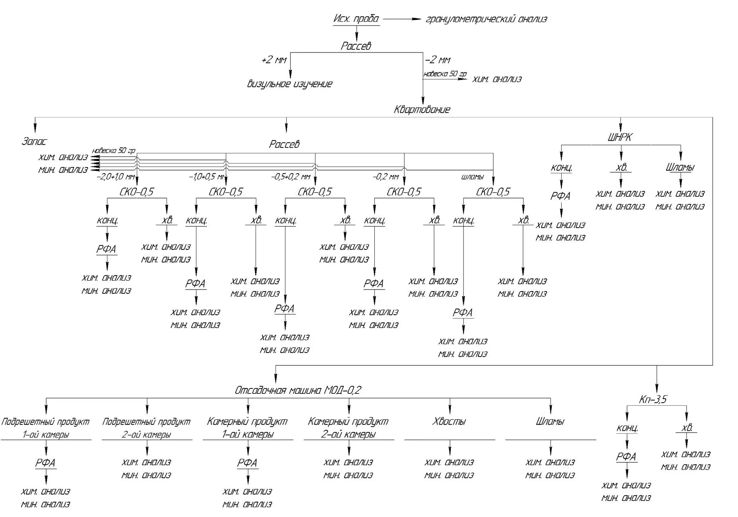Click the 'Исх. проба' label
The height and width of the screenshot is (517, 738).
click(x=356, y=19)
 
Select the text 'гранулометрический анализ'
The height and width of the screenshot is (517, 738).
click(x=486, y=19)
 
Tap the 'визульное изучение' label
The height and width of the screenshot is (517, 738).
click(x=290, y=84)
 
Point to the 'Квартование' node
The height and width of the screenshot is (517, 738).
click(x=422, y=110)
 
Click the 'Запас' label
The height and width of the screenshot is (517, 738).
click(x=34, y=141)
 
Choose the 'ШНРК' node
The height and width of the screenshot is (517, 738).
click(x=620, y=137)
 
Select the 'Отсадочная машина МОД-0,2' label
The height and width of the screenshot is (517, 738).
click(x=298, y=390)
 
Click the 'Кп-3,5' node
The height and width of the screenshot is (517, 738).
click(x=653, y=399)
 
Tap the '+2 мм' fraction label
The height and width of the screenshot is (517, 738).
click(x=274, y=60)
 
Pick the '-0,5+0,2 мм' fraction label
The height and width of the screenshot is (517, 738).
click(x=291, y=177)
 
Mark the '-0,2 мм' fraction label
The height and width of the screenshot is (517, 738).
click(x=385, y=177)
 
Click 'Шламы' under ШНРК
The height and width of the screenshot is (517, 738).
click(x=680, y=167)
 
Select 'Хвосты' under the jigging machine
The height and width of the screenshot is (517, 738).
click(x=449, y=421)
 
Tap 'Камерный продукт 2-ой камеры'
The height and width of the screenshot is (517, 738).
click(x=348, y=428)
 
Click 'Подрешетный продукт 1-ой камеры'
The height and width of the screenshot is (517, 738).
click(x=46, y=428)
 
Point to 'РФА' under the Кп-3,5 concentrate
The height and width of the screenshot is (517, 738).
click(x=626, y=457)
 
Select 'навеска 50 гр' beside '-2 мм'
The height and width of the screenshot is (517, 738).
click(x=445, y=74)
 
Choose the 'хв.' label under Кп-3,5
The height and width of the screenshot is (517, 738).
click(x=687, y=428)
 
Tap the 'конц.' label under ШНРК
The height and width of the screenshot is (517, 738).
click(x=561, y=168)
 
